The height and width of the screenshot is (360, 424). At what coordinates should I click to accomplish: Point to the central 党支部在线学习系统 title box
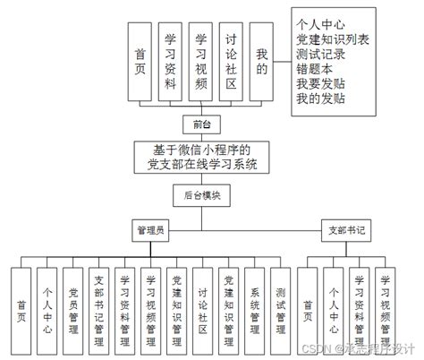click(201, 157)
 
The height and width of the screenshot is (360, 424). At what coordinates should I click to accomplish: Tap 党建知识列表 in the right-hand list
click(333, 39)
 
